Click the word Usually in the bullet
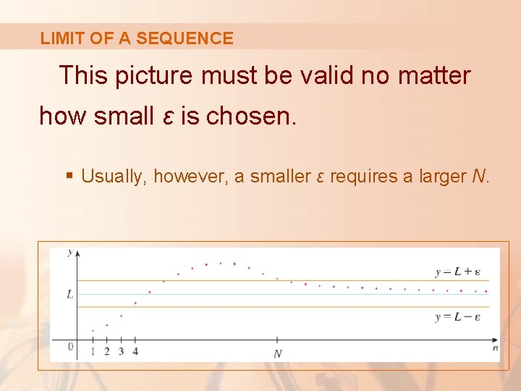click(x=113, y=176)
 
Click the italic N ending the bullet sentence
click(x=483, y=176)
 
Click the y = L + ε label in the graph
click(x=457, y=272)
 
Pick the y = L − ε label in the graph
click(x=457, y=317)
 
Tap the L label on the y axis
click(x=69, y=294)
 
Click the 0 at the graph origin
click(x=70, y=347)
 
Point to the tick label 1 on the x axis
click(x=93, y=352)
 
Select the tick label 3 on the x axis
click(x=121, y=352)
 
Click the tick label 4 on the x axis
click(x=135, y=352)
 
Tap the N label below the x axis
click(x=278, y=353)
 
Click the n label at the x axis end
click(x=495, y=348)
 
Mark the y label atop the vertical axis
click(x=69, y=252)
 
